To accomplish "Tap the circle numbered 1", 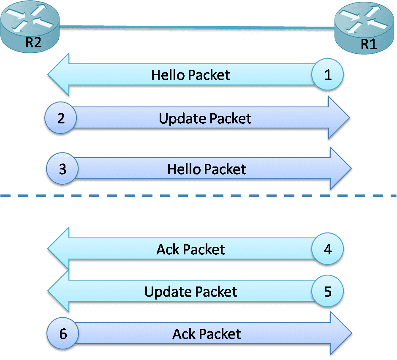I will tap(328, 75).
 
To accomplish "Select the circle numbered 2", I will tap(61, 118).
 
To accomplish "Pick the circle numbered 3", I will tap(63, 169).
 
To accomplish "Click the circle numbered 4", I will tap(328, 249).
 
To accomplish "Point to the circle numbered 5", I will tap(328, 291).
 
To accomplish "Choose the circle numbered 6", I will tap(63, 334).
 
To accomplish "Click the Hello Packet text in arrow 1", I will tap(190, 75).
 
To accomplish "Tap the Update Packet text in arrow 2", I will tap(205, 118).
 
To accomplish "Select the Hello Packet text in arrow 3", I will tap(207, 169).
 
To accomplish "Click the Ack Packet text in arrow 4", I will tap(190, 250).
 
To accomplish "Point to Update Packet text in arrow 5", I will tap(190, 292).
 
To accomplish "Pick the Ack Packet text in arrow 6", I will tap(207, 334).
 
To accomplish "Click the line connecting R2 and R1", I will tap(196, 28).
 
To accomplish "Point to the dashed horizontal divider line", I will tap(198, 196).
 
